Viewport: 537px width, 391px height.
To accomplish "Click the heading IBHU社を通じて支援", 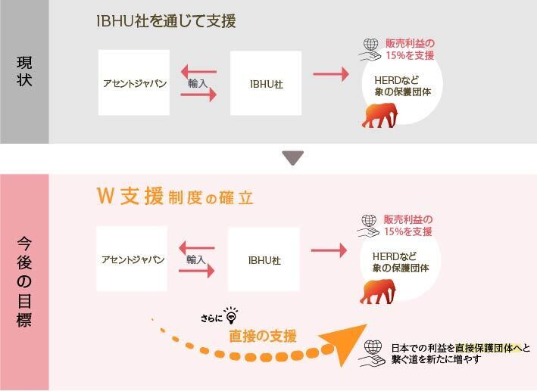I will [x=166, y=21].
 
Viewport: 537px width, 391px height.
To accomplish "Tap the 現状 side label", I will [x=24, y=73].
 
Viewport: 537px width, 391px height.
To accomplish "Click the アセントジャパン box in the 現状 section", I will [x=133, y=83].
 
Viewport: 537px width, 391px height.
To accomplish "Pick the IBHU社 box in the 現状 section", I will [x=266, y=83].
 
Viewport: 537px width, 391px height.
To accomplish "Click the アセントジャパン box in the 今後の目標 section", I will [x=133, y=259].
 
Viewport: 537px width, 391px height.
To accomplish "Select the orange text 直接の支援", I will [x=263, y=336].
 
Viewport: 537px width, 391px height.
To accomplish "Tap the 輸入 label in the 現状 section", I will [x=198, y=83].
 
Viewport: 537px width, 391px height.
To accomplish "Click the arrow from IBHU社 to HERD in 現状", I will [x=331, y=74].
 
